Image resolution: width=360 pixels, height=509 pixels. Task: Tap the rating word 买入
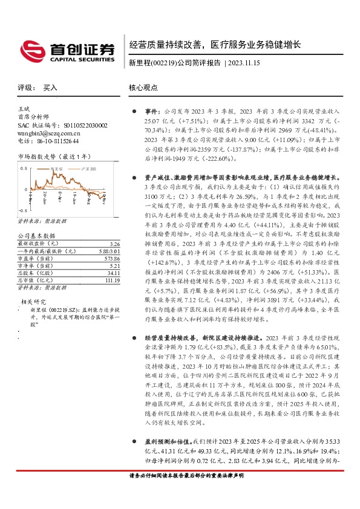(50, 88)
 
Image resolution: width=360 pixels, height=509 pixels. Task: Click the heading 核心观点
(143, 88)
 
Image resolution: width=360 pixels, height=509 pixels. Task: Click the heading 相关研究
(33, 300)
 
